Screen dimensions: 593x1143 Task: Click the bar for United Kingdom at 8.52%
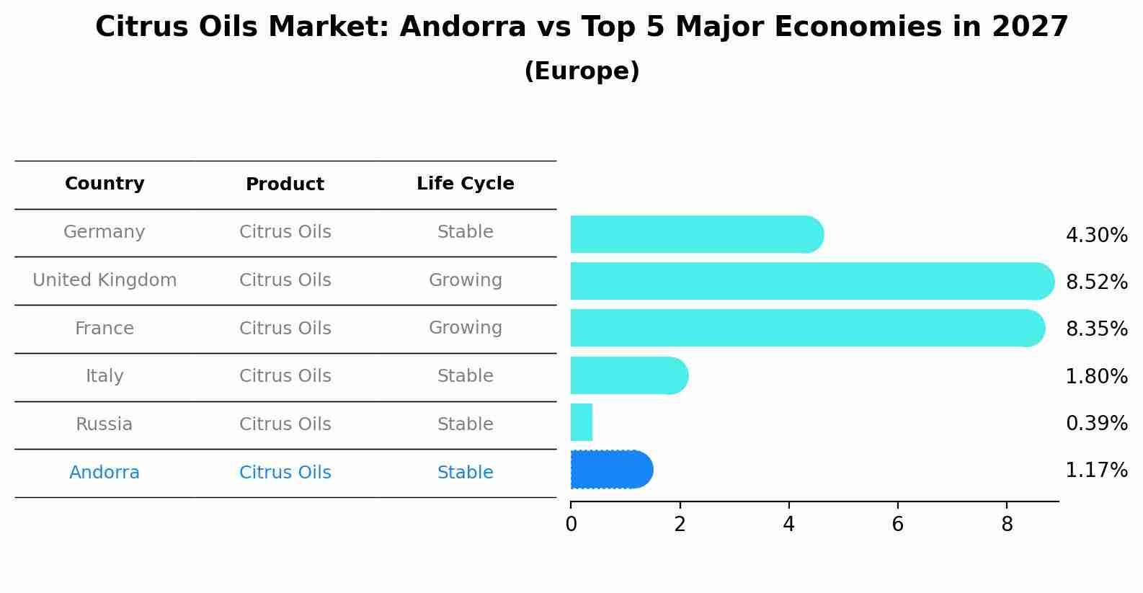pos(811,281)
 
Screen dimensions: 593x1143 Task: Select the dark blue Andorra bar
pos(611,470)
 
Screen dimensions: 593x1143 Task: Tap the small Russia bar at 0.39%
pos(582,422)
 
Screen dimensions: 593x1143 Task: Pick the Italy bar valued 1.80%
pos(628,375)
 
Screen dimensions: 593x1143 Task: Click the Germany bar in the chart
pos(695,234)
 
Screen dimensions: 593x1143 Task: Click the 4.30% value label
pos(1096,236)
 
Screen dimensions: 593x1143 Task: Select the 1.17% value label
pos(1096,471)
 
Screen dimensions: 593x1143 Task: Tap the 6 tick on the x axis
pos(897,525)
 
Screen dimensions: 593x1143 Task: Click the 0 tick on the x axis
pos(571,525)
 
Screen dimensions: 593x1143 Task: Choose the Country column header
pos(104,184)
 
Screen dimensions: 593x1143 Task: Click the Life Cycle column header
pos(465,184)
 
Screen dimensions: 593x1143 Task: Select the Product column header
pos(285,184)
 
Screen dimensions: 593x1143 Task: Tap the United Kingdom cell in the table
pos(104,280)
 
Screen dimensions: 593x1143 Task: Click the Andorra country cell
pos(104,473)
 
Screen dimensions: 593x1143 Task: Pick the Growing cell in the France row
pos(465,328)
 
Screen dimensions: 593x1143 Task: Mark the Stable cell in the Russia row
pos(465,424)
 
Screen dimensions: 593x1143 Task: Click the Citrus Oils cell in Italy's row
pos(285,376)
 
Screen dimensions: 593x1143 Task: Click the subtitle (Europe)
pos(582,71)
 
